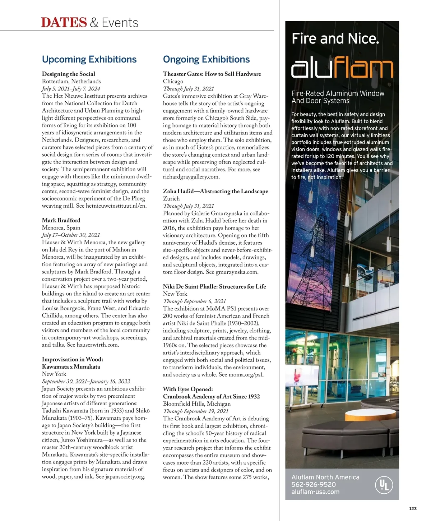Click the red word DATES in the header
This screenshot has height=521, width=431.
coord(64,23)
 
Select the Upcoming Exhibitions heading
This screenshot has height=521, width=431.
coord(89,59)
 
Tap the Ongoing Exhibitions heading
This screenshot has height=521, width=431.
coord(206,59)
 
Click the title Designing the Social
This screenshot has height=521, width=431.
coord(69,74)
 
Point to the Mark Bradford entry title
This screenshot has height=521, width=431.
coord(61,220)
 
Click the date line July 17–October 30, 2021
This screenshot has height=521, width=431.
coord(71,235)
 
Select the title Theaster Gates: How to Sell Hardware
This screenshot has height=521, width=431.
coord(212,74)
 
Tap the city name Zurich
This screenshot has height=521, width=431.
coord(171,199)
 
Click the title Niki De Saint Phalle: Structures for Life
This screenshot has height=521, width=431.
coord(214,286)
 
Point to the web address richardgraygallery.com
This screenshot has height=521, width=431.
coord(191,177)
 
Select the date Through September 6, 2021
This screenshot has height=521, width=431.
coord(194,301)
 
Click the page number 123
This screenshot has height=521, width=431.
coord(413,508)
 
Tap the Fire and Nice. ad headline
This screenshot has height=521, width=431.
coord(335,38)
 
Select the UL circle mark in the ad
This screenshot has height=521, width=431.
coord(384,485)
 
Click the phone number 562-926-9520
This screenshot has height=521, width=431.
coord(314,485)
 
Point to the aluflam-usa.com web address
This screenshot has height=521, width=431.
coord(315,492)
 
